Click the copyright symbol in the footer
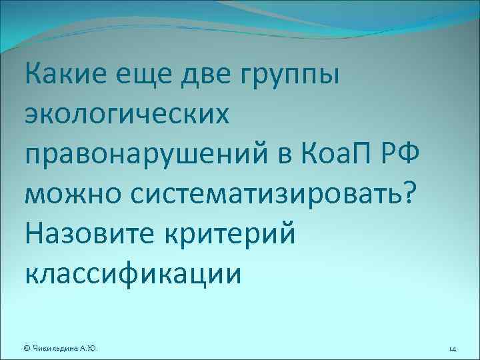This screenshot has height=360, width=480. pyautogui.click(x=27, y=347)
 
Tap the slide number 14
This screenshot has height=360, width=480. pyautogui.click(x=452, y=347)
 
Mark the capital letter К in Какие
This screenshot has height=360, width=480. pyautogui.click(x=33, y=72)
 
